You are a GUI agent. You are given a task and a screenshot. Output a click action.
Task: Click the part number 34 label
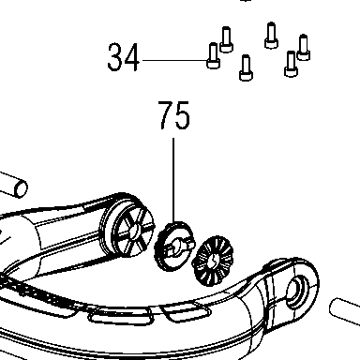tap(123, 58)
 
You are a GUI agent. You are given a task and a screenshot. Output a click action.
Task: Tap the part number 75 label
tap(174, 115)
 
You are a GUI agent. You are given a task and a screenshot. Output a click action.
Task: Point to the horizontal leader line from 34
tap(174, 60)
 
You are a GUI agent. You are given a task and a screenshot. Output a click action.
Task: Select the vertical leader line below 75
tap(173, 180)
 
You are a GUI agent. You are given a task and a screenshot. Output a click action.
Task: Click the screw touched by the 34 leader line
tap(213, 55)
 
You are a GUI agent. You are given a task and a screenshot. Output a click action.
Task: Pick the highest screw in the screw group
tap(271, 36)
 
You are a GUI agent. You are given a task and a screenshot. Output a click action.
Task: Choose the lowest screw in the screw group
tap(246, 67)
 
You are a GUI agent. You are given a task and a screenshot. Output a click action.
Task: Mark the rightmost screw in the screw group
tap(303, 47)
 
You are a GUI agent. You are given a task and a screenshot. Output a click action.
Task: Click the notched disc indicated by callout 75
tap(174, 247)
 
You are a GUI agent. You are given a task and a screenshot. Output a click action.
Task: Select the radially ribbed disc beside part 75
tap(213, 262)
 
